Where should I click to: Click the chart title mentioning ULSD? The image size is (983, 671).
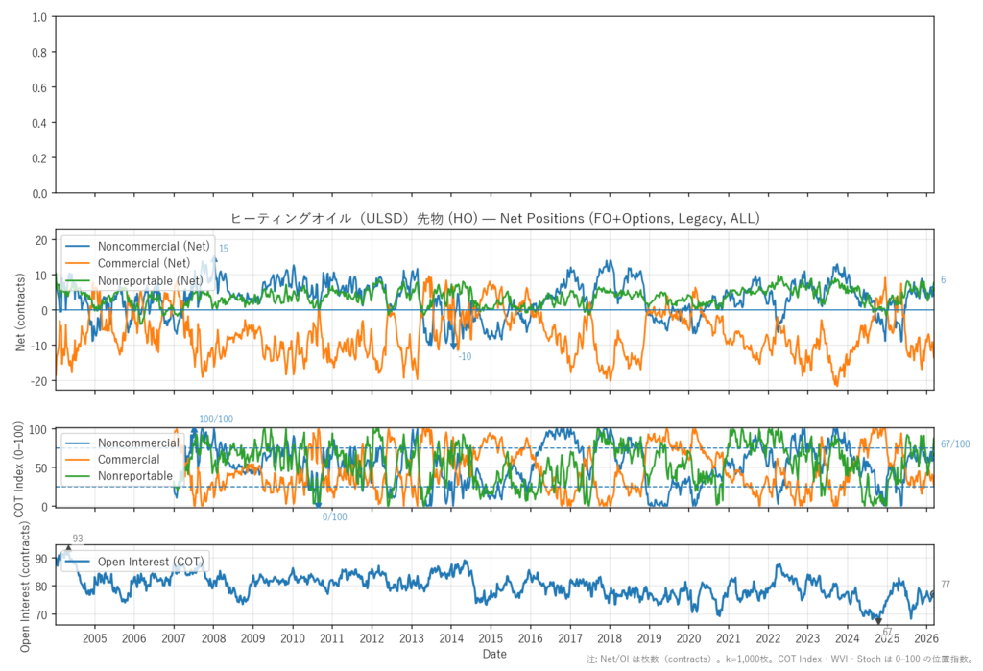click(x=495, y=219)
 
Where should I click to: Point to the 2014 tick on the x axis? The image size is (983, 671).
click(x=450, y=638)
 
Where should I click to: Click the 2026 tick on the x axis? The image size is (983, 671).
click(x=924, y=638)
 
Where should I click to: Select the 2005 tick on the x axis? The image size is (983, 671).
click(x=94, y=638)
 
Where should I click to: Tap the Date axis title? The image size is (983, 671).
click(x=494, y=654)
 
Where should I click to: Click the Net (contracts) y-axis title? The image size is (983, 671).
click(x=21, y=310)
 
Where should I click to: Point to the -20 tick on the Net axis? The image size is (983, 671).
click(x=41, y=381)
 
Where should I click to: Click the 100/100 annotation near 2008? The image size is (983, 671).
click(x=216, y=419)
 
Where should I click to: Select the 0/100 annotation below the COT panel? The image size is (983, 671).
click(x=334, y=517)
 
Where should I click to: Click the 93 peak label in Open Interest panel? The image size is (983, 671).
click(x=78, y=539)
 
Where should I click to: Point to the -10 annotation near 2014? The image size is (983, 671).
click(x=465, y=357)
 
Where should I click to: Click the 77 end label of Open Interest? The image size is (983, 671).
click(x=946, y=585)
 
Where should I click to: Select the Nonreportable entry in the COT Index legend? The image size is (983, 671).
click(x=134, y=476)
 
